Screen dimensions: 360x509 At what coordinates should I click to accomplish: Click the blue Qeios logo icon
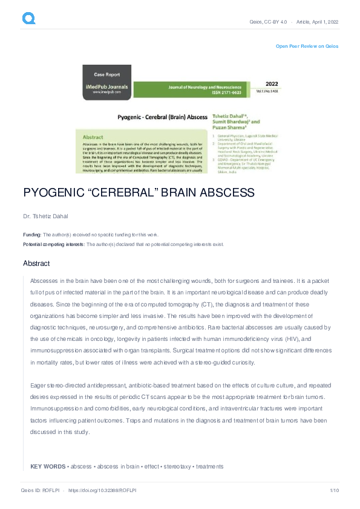[x=28, y=19]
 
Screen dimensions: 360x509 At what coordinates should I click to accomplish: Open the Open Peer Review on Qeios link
[x=307, y=46]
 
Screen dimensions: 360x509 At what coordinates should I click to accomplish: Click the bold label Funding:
[x=32, y=235]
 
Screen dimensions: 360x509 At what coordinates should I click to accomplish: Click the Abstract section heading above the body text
[x=36, y=264]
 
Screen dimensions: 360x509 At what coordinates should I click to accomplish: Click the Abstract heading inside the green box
[x=93, y=137]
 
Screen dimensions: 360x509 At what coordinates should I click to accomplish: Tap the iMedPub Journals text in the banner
[x=106, y=87]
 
